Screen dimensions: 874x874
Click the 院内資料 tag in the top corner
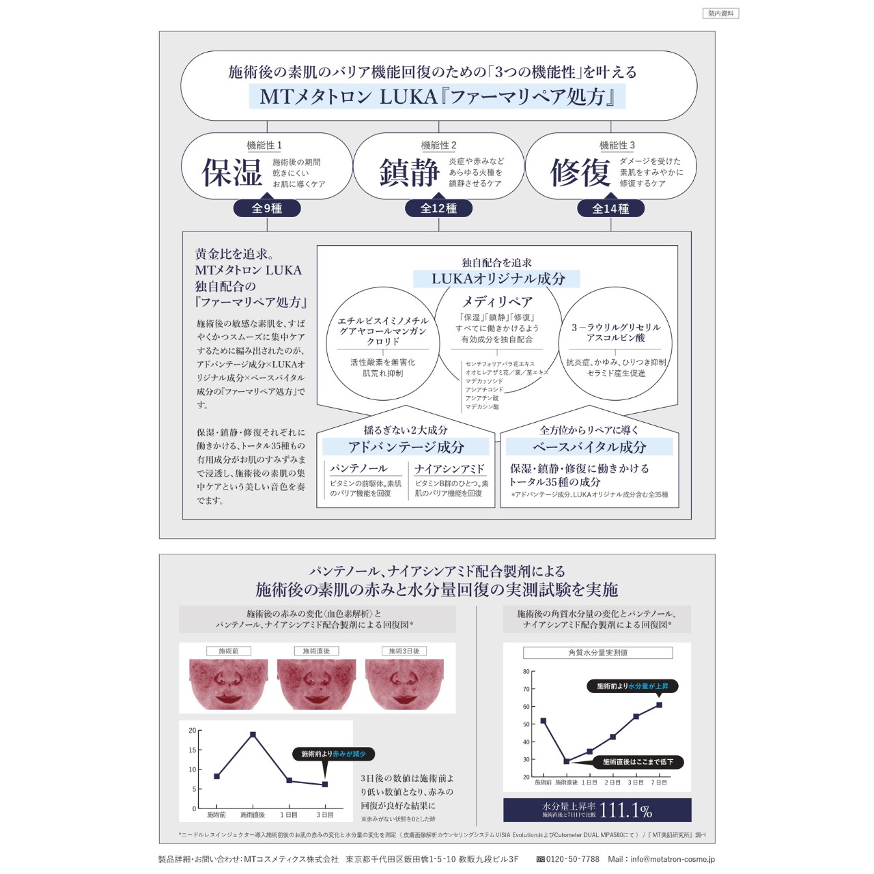click(720, 13)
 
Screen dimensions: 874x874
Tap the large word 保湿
click(232, 172)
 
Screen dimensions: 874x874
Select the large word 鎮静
click(409, 172)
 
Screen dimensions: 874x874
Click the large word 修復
click(580, 172)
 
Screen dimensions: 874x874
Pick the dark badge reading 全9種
click(267, 208)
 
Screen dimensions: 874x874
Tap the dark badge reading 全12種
click(438, 208)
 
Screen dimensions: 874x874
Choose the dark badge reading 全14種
click(610, 208)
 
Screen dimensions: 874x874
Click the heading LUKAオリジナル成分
click(498, 279)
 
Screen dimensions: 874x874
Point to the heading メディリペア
click(497, 301)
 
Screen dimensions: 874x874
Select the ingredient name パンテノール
click(358, 468)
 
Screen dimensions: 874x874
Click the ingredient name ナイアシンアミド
click(449, 468)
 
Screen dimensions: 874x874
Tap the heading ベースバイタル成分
click(589, 447)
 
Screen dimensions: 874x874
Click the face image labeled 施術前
click(228, 683)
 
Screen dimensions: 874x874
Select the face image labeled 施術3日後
click(404, 683)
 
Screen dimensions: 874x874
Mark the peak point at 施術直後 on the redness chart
click(253, 734)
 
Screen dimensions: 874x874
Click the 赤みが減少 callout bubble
click(334, 754)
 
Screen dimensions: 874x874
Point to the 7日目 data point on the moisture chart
click(659, 705)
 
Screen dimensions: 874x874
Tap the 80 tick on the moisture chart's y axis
click(526, 671)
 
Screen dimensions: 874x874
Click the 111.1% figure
click(625, 810)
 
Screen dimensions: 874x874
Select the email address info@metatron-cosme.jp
click(671, 859)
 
